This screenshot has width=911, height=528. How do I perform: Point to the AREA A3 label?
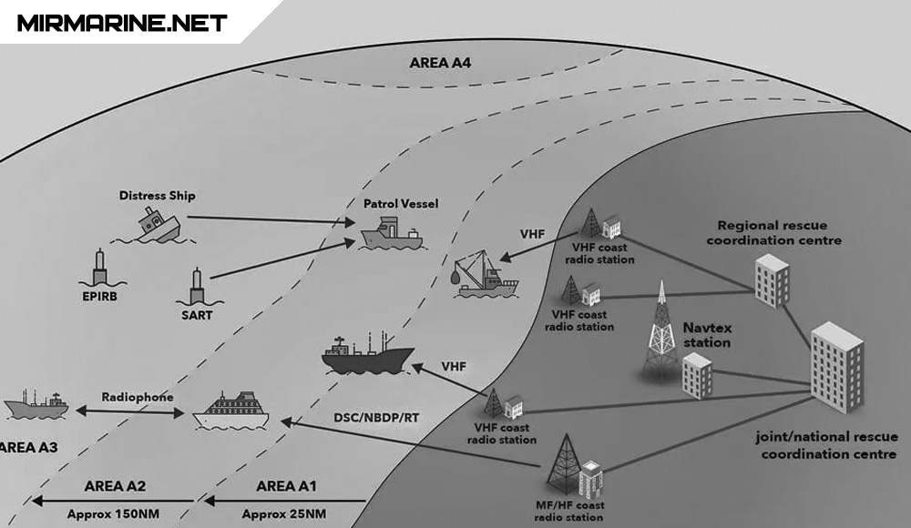27,448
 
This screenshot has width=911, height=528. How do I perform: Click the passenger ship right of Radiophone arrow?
231,411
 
